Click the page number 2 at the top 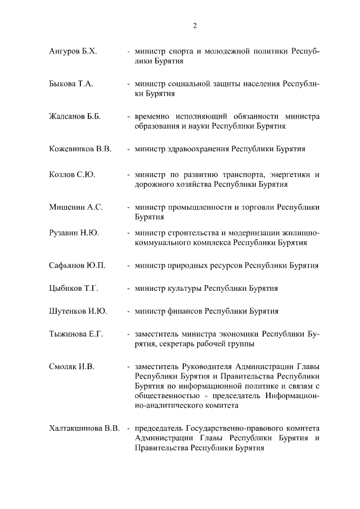195,25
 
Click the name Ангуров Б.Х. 73,51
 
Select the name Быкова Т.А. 71,84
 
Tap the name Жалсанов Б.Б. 75,116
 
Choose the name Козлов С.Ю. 72,174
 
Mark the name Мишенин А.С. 76,207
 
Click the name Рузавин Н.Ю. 74,233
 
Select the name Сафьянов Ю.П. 78,265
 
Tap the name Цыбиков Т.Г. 74,288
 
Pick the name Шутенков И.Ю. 78,310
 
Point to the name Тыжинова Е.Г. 76,334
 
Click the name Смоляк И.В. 71,367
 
